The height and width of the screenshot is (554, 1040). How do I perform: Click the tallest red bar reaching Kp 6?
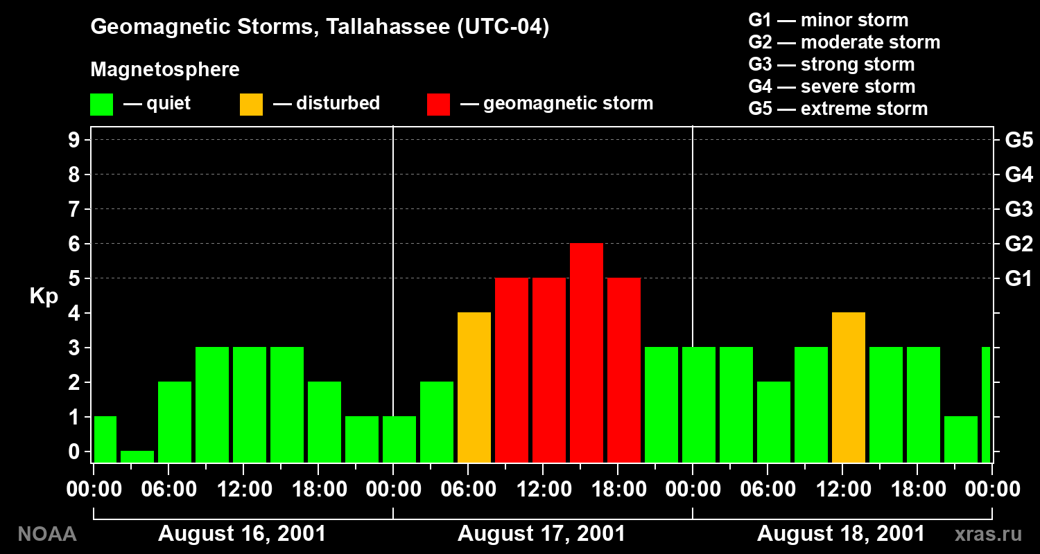coord(587,352)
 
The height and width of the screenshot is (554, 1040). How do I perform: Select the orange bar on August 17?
coord(474,388)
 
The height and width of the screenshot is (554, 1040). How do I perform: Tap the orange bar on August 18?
coord(849,388)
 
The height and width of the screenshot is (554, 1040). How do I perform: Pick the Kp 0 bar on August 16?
coord(137,456)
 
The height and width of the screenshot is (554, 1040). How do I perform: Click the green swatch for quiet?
coord(102,105)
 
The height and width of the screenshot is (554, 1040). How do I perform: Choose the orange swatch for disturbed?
coord(251,105)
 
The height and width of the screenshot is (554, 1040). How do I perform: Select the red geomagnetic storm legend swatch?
coord(438,105)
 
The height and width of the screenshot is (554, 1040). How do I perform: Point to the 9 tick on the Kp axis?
coord(74,140)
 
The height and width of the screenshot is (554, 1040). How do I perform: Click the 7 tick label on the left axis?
coord(74,209)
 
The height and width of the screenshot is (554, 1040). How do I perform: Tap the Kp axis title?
coord(44,296)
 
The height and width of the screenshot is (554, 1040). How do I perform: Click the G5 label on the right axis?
coord(1019,140)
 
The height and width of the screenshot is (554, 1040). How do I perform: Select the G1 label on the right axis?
coord(1019,278)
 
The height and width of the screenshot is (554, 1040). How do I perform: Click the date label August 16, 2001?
coord(242,534)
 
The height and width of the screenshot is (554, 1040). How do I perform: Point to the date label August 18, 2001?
coord(841,534)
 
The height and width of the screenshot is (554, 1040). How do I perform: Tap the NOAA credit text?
coord(47,534)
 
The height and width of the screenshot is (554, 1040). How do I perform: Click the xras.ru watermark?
coord(989,535)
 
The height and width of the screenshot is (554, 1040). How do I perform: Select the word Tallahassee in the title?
coord(388,26)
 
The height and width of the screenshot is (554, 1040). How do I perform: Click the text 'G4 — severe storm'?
coord(831,87)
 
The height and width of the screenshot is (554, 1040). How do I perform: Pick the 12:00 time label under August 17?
coord(544,489)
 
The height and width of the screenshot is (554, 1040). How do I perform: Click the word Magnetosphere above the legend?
coord(165,69)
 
